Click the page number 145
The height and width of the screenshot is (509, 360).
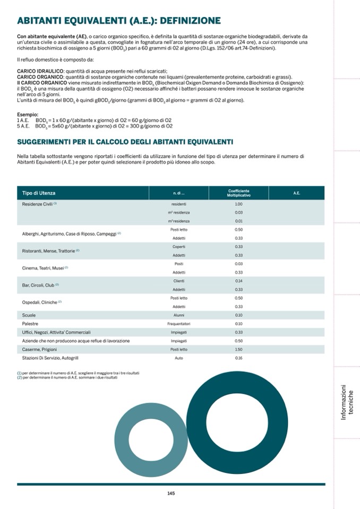pyautogui.click(x=170, y=493)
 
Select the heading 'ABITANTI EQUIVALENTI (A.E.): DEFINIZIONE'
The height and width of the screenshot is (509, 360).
pyautogui.click(x=119, y=21)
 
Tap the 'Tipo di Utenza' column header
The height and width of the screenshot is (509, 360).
pyautogui.click(x=39, y=193)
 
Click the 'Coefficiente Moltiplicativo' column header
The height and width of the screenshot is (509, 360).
pyautogui.click(x=238, y=193)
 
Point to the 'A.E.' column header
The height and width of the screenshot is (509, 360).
pyautogui.click(x=296, y=193)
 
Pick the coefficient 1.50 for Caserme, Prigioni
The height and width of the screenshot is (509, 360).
pyautogui.click(x=238, y=349)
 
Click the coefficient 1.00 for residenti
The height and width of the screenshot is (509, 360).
pyautogui.click(x=238, y=204)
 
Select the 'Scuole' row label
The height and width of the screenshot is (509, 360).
pyautogui.click(x=29, y=315)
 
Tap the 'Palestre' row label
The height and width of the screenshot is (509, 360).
pyautogui.click(x=30, y=324)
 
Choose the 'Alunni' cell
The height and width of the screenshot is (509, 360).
pyautogui.click(x=179, y=315)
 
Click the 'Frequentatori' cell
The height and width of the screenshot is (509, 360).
pyautogui.click(x=179, y=324)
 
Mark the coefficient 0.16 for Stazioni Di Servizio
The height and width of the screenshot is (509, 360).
pyautogui.click(x=238, y=358)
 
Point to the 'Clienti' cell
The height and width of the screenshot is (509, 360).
pyautogui.click(x=179, y=281)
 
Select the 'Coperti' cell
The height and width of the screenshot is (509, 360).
pyautogui.click(x=179, y=246)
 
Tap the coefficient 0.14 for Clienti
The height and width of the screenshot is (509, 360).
pyautogui.click(x=238, y=281)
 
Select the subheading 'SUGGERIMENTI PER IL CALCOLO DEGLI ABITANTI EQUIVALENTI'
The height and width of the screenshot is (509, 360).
pyautogui.click(x=125, y=142)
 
